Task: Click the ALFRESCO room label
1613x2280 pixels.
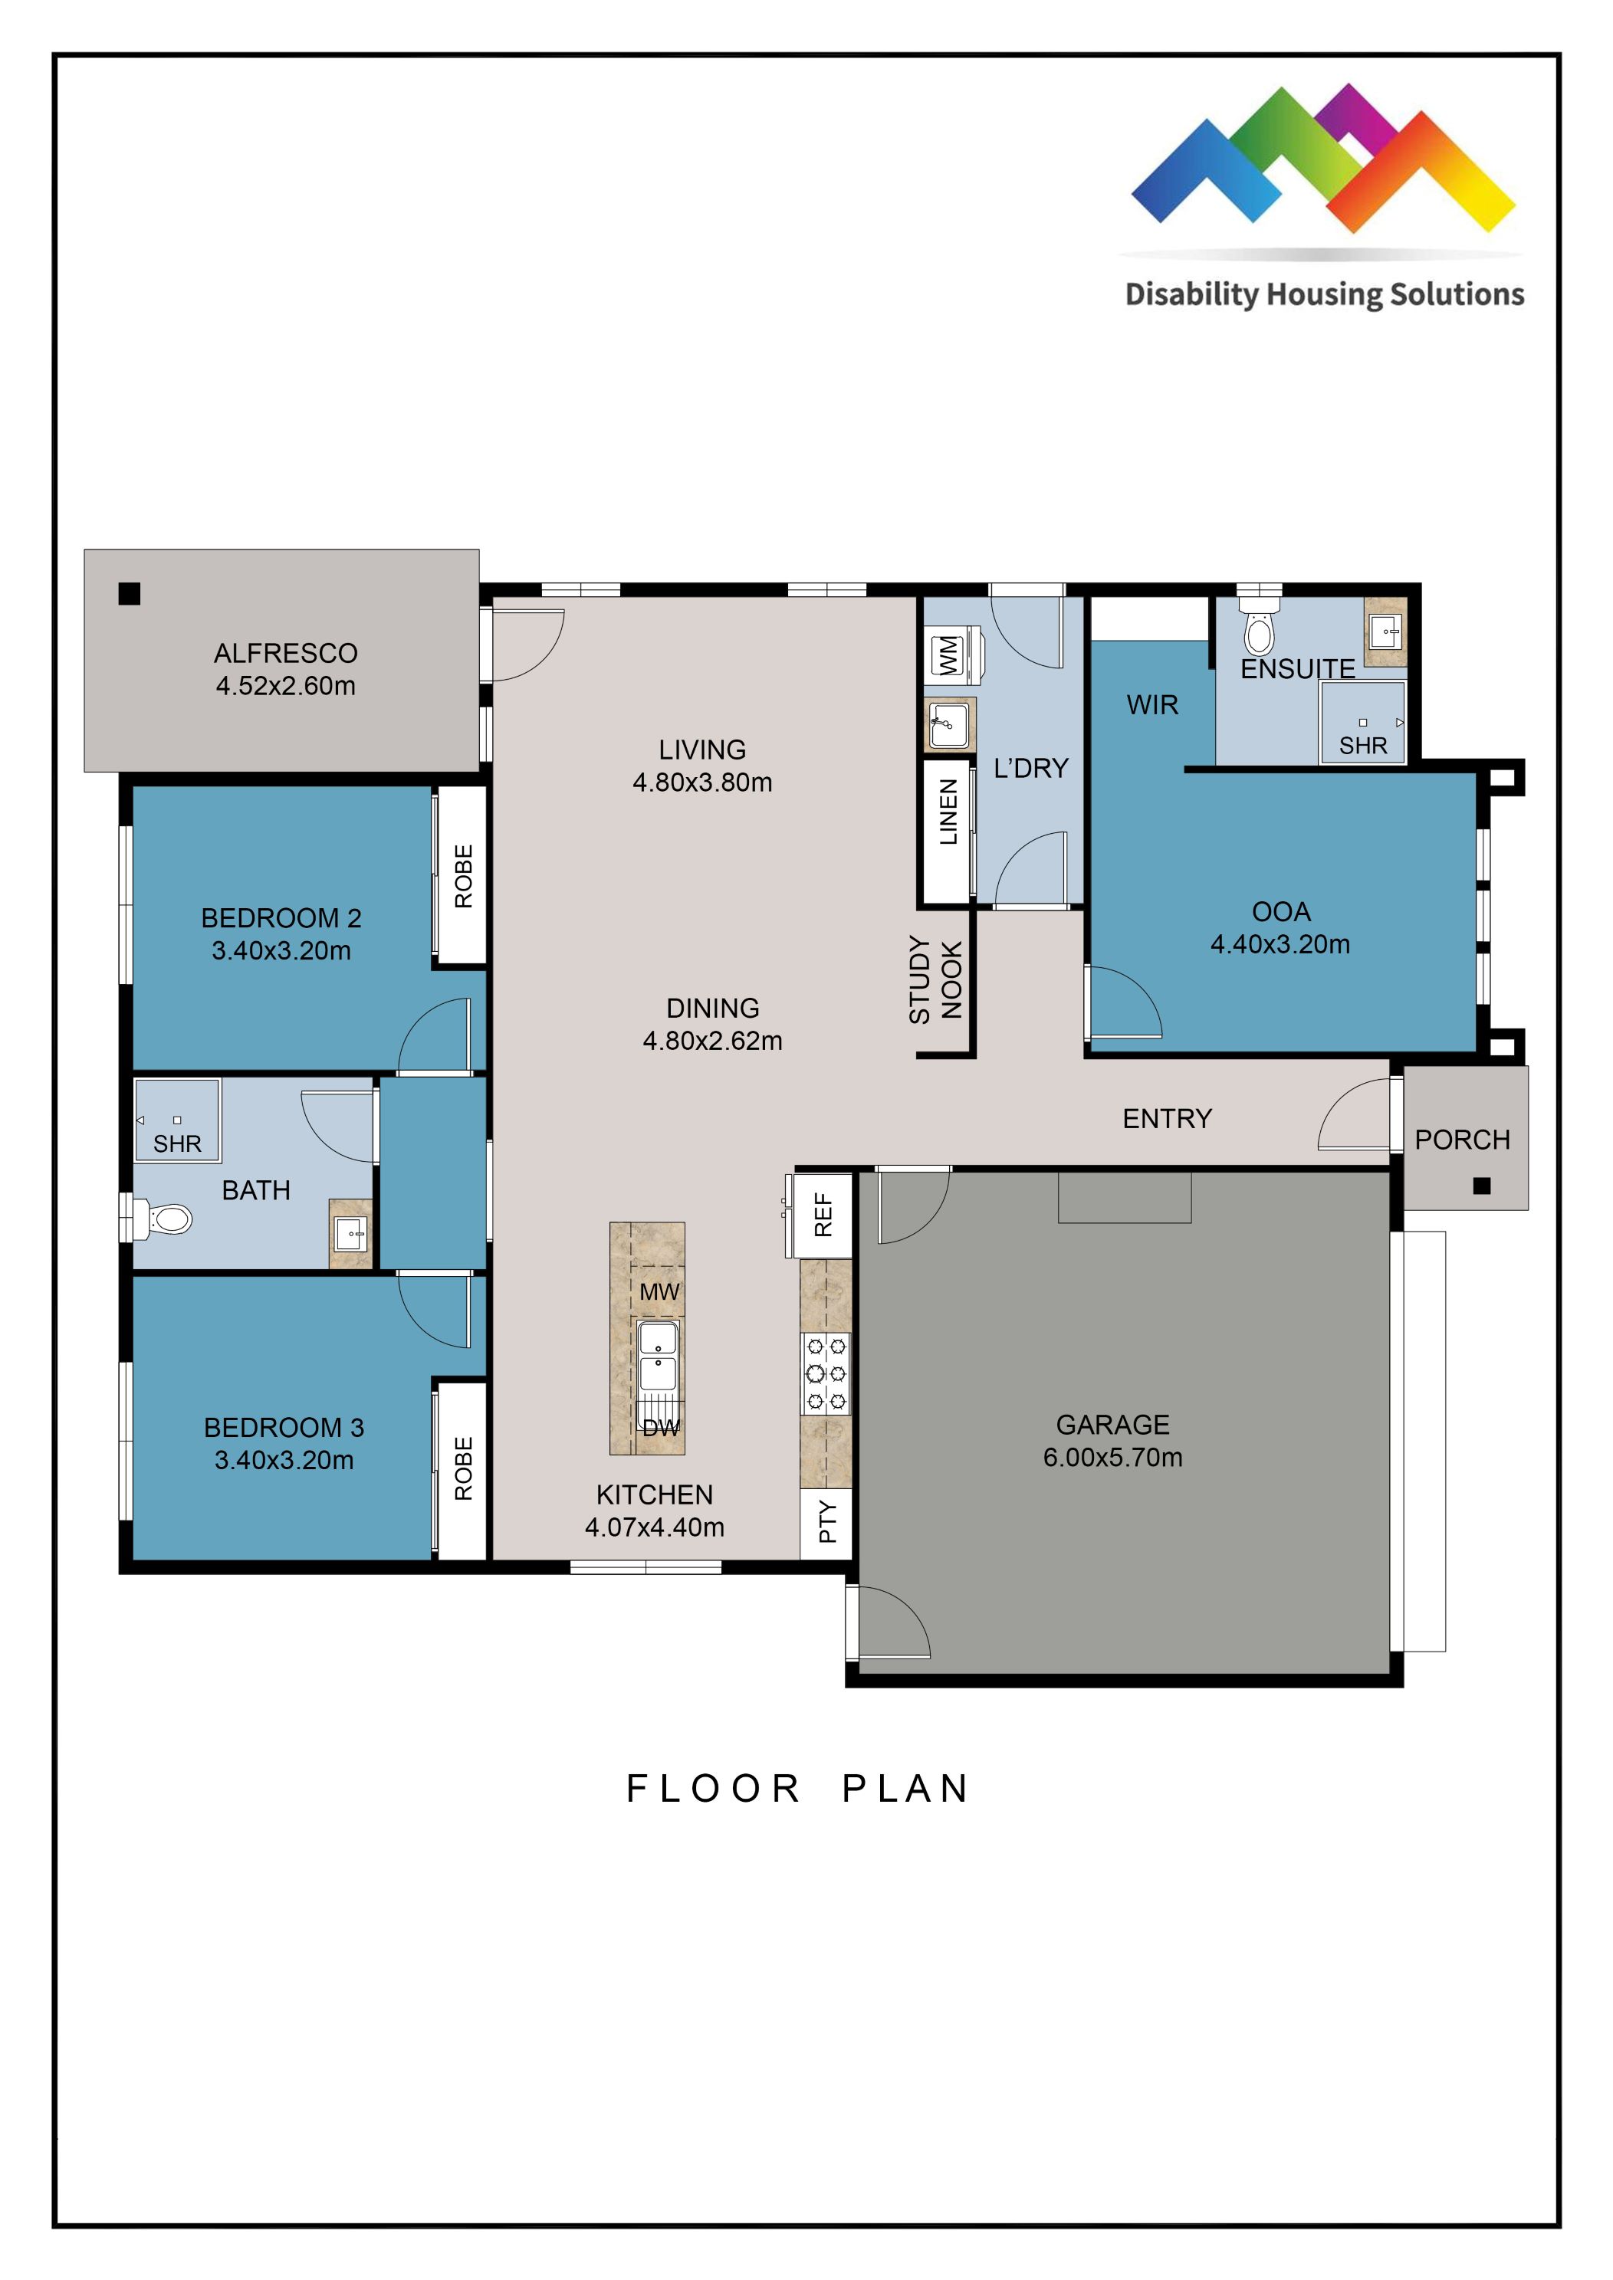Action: coord(285,654)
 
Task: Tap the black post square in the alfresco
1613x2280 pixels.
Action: coord(129,594)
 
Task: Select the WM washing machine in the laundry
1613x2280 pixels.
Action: coord(950,656)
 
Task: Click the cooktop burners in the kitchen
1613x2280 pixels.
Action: coord(826,1374)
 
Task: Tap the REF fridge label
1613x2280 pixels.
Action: coord(823,1215)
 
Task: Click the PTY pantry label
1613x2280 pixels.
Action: coord(826,1522)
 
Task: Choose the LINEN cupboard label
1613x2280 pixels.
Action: coord(948,812)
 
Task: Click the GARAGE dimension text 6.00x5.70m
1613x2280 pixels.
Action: coord(1112,1458)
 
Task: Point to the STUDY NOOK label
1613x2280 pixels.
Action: coord(935,980)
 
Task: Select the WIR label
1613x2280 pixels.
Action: coord(1152,705)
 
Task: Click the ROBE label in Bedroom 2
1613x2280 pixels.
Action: coord(463,876)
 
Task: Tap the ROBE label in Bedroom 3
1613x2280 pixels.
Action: coord(463,1468)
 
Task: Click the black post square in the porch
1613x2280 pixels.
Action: coord(1482,1186)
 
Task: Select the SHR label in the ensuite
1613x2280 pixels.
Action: coord(1363,746)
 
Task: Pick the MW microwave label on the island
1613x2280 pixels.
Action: coord(659,1292)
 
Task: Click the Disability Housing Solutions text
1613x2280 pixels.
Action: coord(1324,295)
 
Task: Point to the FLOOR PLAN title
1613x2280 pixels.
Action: coord(797,1789)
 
